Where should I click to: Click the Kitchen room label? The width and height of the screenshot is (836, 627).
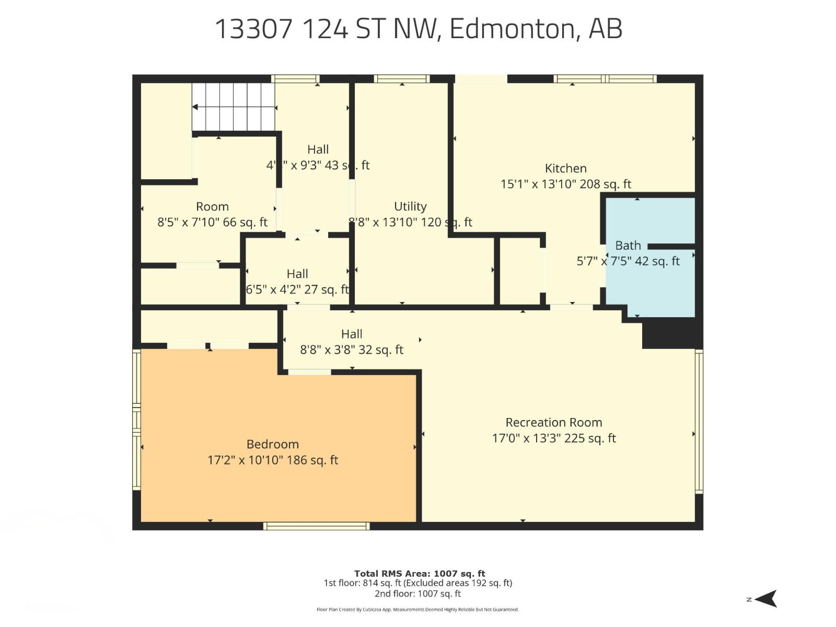pos(565,169)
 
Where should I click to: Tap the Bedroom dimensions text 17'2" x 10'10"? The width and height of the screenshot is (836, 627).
pos(273,460)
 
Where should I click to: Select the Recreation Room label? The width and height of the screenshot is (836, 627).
pos(553,423)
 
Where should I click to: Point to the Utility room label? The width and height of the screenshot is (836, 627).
pos(410,207)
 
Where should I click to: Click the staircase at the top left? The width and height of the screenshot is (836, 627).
pos(233,107)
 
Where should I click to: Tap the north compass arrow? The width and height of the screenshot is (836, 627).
pos(766,599)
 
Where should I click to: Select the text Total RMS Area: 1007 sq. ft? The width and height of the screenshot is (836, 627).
pos(420,574)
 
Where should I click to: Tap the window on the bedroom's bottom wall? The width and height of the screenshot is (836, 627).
pos(317,526)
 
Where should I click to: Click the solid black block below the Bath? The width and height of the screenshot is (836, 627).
pos(671,333)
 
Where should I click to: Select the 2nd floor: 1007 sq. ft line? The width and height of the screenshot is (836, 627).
pos(418,594)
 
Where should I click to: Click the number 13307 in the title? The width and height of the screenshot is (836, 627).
pos(253,29)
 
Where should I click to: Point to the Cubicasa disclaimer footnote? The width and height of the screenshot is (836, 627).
pos(418,610)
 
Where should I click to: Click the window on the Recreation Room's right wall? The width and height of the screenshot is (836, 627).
pos(699,421)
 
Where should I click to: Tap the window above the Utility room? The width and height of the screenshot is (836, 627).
pos(402,79)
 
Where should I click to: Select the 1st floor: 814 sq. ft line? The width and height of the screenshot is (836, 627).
pos(418,583)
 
